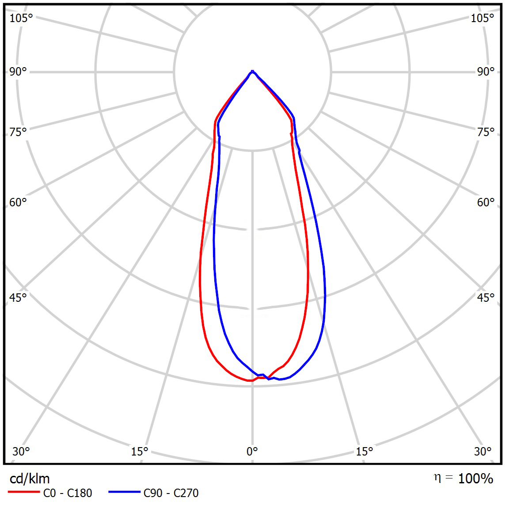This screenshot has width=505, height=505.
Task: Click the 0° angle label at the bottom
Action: coord(252,451)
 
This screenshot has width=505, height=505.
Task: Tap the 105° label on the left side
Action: coord(21,18)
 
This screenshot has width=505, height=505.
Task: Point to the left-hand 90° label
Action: coord(18,72)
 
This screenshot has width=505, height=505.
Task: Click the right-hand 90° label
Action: coord(486,72)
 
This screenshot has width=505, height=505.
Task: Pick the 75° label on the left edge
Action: coord(18,132)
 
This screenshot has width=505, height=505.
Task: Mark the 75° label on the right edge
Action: coord(486,132)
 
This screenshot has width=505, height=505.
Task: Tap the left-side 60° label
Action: coord(18,202)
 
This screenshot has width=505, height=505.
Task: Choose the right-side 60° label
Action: coord(486,202)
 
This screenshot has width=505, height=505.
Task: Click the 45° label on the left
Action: coord(18,297)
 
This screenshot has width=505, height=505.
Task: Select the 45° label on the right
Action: coord(486,297)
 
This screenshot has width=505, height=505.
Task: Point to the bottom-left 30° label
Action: coord(21,451)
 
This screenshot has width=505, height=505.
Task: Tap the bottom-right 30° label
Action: coord(483,451)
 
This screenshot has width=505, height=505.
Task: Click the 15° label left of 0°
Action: coord(139,451)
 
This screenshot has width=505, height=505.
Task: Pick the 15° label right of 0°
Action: coord(364,451)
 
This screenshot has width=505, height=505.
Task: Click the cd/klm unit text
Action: coord(30,478)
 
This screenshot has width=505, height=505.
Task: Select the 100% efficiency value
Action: coord(475,478)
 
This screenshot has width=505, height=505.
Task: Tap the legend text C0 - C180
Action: coord(68,493)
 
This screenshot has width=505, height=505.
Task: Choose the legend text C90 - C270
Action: coord(171,493)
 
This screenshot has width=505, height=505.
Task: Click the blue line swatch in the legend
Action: coord(124,492)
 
